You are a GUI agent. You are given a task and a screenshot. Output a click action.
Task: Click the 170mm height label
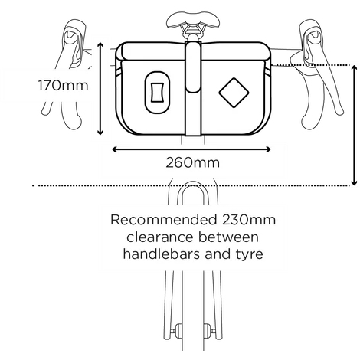coord(64,85)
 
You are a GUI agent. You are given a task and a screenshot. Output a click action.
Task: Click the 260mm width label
coord(192,162)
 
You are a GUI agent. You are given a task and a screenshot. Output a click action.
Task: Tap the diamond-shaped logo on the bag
coord(234,93)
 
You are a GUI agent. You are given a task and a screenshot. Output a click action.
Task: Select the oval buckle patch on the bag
coord(157,93)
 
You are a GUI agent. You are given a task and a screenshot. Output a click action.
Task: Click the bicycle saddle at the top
coord(193,20)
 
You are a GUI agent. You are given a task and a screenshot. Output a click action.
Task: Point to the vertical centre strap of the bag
coord(193,88)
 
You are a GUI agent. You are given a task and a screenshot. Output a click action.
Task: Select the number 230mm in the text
coord(249,220)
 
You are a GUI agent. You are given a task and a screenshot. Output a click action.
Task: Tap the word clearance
coord(160,237)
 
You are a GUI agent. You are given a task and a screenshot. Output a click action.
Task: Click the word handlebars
coord(162,254)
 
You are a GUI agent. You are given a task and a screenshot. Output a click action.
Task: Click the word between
coord(228,237)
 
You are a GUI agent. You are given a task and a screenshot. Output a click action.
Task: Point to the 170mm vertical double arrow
coord(100,89)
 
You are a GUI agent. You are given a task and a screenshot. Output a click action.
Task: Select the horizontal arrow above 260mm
coord(191,149)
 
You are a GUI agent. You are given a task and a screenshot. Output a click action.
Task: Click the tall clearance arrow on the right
coord(354,125)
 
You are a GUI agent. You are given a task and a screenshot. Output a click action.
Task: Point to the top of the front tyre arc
coord(193,182)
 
